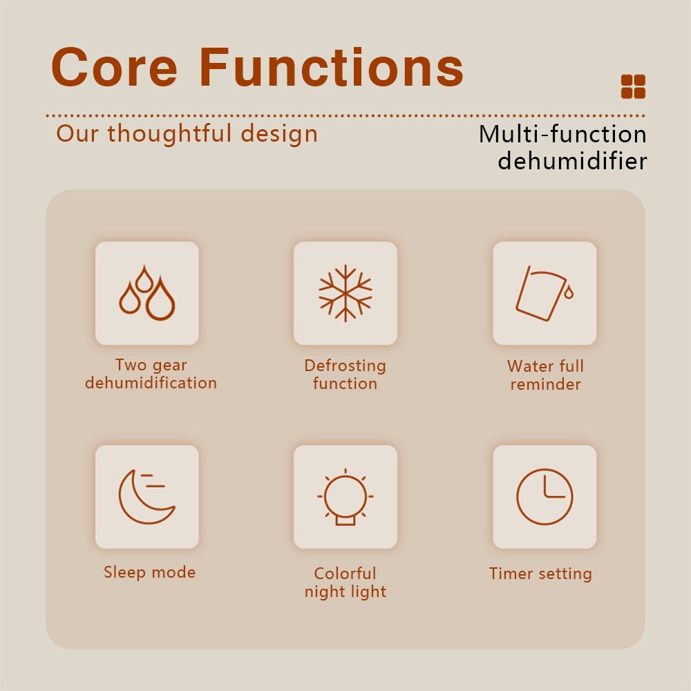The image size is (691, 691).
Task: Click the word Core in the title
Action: [115, 67]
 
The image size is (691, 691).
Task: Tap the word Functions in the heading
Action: [332, 67]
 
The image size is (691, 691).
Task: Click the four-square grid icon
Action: [633, 86]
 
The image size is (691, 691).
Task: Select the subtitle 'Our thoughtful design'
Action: [187, 134]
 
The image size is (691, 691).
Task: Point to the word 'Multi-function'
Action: [562, 134]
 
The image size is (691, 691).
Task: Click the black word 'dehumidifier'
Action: [572, 161]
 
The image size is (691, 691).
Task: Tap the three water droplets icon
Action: [147, 292]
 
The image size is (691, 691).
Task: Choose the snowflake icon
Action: [345, 293]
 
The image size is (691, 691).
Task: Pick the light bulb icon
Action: [345, 497]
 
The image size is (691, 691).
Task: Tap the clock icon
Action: [545, 497]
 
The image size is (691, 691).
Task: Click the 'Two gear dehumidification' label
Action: [151, 374]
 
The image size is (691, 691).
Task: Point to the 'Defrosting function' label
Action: [345, 375]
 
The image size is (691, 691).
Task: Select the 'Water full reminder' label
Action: [546, 375]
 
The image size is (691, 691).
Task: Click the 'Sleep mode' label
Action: [150, 572]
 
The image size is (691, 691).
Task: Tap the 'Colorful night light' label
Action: [345, 583]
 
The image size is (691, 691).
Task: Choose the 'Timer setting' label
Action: [541, 574]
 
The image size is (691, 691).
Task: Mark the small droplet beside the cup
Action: [569, 292]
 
